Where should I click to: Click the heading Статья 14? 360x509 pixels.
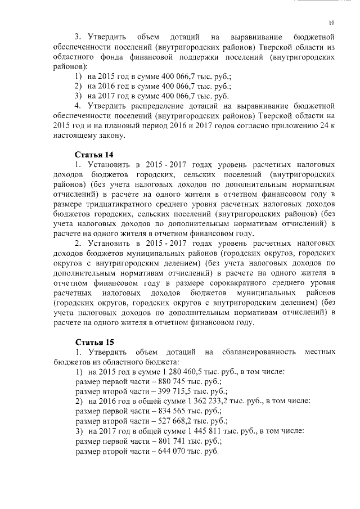click(94, 154)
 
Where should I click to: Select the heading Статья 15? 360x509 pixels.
click(94, 342)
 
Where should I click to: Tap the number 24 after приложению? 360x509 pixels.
click(324, 125)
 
